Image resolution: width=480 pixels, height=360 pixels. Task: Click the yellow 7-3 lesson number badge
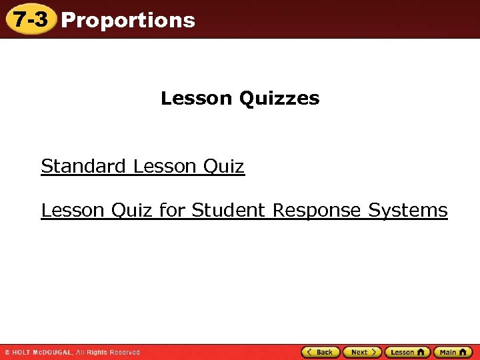pos(30,19)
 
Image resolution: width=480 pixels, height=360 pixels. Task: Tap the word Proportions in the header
pos(128,20)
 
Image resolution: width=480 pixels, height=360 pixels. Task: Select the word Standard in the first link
pos(83,166)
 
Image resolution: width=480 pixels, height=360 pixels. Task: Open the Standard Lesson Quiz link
pos(143,166)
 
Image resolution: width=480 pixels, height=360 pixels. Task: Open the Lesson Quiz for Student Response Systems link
pos(244,211)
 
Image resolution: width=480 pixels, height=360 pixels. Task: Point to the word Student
pos(228,211)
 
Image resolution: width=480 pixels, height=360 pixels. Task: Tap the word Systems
pos(408,211)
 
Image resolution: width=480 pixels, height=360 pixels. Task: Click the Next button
pos(362,352)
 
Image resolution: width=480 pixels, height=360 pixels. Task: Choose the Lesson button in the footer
pos(407,352)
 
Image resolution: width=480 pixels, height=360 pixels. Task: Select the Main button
pos(452,352)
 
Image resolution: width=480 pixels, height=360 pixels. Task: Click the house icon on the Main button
pos(463,352)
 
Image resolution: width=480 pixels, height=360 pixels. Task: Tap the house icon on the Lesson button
pos(420,352)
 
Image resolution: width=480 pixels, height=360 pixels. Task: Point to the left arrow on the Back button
pos(309,352)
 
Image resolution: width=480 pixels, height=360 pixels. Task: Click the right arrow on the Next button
pos(374,352)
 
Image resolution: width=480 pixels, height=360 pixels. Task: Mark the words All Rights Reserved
pos(108,352)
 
